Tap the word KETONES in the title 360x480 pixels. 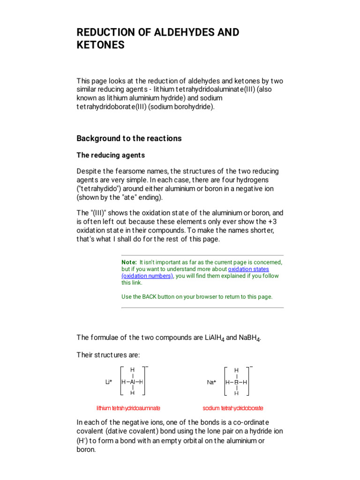coord(101,45)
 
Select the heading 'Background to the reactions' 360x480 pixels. coord(129,138)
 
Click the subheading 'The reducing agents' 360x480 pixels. coord(111,155)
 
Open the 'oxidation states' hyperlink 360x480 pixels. coord(248,270)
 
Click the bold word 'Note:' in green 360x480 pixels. coord(129,262)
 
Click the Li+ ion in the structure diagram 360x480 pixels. coord(109,382)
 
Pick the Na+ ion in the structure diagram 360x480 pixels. coord(211,382)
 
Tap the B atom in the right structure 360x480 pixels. coord(236,382)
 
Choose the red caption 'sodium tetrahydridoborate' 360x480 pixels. coord(232,408)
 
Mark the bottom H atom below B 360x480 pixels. coord(236,393)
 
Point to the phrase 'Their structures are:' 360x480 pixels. coord(108,355)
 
